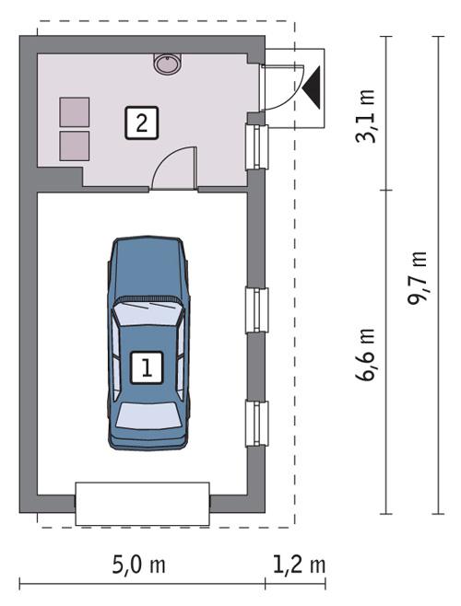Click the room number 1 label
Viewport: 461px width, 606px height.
coord(147,367)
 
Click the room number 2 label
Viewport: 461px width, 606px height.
coord(141,122)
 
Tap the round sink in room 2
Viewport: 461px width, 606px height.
coord(167,64)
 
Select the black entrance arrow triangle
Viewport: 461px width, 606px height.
coord(312,86)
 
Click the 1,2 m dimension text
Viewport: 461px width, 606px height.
coord(298,564)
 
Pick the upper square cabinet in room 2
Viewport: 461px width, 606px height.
coord(75,111)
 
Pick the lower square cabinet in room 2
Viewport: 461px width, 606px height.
coord(75,146)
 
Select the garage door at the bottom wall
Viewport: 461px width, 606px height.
coord(143,502)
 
